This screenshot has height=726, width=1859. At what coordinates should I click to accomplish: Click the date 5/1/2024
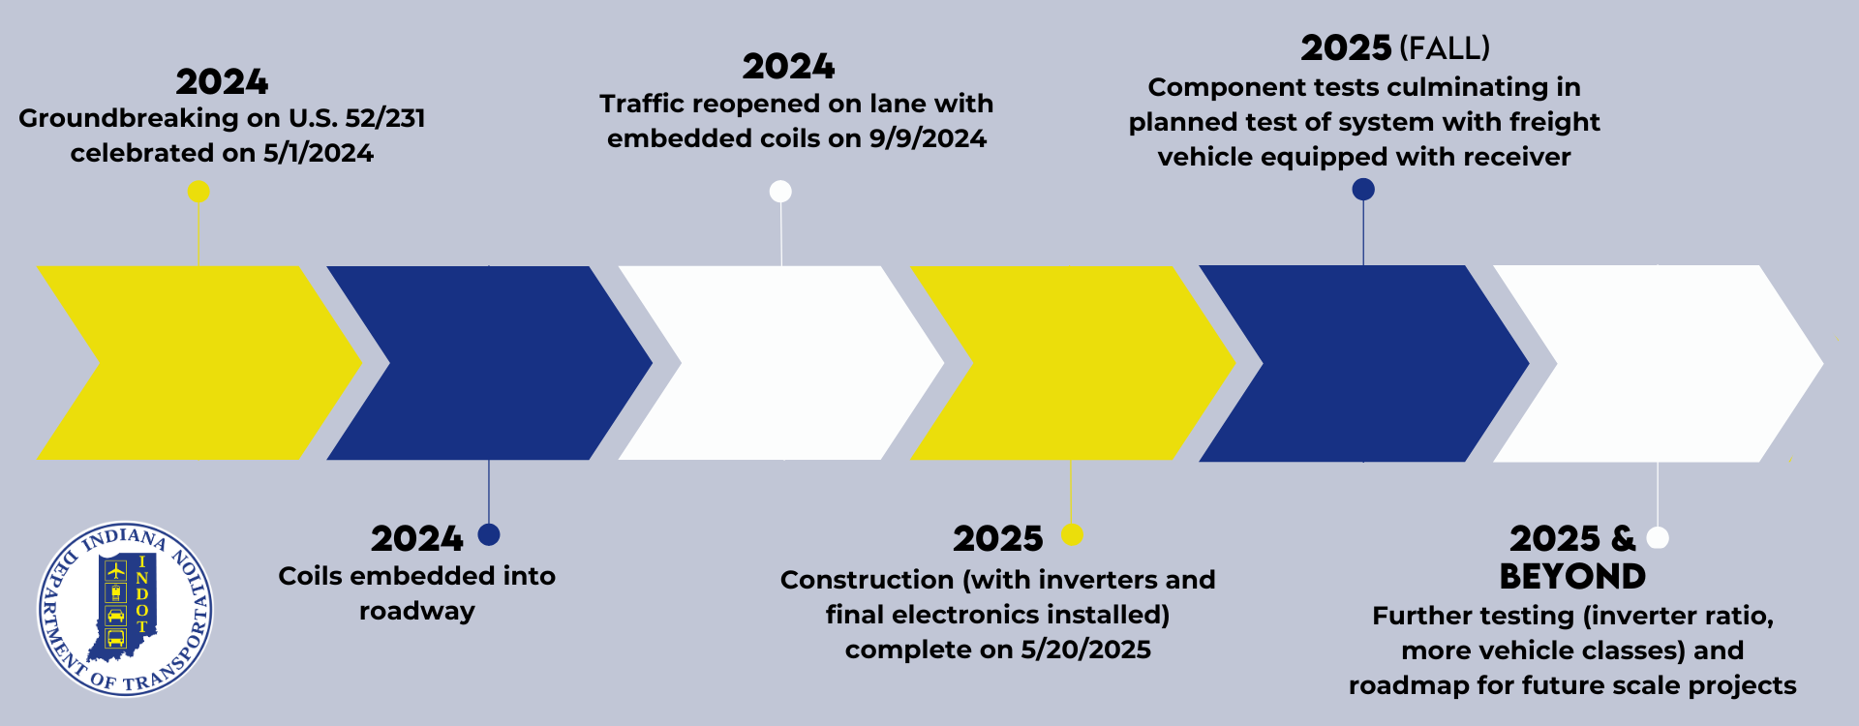coord(319,153)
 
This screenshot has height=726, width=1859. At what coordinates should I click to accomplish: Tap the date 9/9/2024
coord(928,138)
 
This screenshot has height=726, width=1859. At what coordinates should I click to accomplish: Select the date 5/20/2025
coord(1085,650)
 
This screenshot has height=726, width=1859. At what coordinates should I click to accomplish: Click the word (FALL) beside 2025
coord(1445,48)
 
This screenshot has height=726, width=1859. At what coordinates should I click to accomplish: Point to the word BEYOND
coord(1572,577)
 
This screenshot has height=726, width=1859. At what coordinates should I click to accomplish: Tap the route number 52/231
coord(384,118)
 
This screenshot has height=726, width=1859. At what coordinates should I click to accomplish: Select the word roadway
coord(417,611)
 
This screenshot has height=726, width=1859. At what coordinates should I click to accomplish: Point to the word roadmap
coord(1409,685)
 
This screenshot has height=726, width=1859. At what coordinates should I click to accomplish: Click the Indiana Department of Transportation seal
coord(125,610)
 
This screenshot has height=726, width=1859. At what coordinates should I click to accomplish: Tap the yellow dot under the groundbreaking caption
coord(198,192)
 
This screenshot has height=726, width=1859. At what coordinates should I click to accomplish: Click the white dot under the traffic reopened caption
coord(780,192)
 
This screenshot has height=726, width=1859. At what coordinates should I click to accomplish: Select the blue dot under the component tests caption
coord(1363,190)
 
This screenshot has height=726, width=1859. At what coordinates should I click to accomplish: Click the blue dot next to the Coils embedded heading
coord(489,534)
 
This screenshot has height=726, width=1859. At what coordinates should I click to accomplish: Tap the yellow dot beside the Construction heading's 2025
coord(1072,534)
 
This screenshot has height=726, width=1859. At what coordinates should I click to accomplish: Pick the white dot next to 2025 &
coord(1658,537)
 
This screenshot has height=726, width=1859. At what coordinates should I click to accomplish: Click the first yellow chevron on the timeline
coord(198,363)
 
